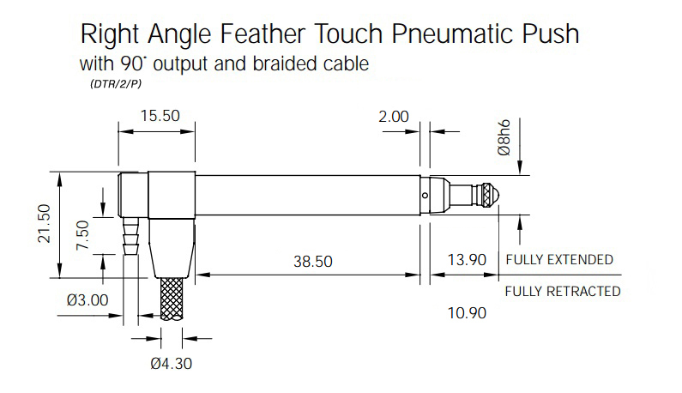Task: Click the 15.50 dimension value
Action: [160, 116]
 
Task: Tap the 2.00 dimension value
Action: [394, 117]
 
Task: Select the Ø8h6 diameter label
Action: [504, 137]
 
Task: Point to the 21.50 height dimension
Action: [45, 223]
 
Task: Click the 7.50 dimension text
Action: [82, 235]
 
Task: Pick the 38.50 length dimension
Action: [313, 262]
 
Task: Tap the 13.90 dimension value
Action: [467, 260]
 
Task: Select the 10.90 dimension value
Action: [467, 313]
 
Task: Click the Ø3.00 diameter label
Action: [88, 299]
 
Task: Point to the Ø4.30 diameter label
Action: [171, 364]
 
